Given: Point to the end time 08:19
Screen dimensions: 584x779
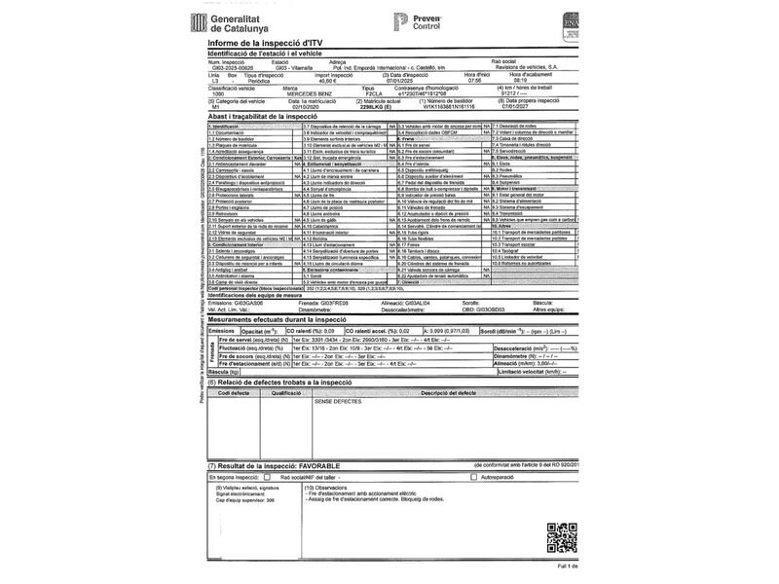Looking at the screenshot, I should tap(533, 81).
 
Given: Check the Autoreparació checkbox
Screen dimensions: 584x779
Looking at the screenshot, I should tap(474, 478).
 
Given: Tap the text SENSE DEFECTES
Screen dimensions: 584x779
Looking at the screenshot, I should tap(337, 400).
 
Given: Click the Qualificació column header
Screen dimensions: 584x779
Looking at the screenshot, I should tap(286, 391).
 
